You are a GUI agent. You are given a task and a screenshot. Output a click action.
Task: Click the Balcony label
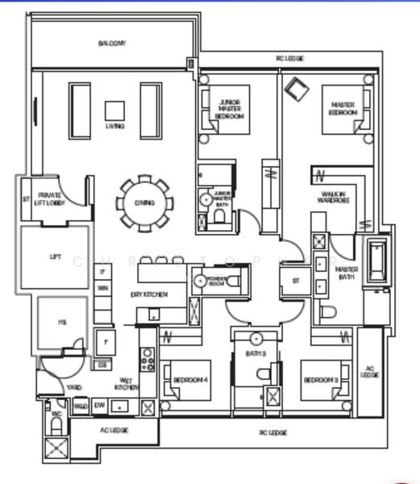pos(112,43)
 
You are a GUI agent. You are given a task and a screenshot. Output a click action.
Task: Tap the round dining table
pos(144,202)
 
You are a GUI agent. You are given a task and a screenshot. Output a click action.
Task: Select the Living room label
pos(114,127)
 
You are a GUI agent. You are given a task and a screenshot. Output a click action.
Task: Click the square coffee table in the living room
pos(114,111)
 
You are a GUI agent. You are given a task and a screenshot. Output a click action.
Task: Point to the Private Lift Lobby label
pos(50,198)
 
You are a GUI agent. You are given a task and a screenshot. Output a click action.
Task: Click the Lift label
pos(55,257)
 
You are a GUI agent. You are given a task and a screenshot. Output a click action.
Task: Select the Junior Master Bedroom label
pos(229,109)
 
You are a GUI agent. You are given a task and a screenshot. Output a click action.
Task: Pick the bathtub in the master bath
pos(376,261)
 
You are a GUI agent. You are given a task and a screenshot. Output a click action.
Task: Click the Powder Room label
pos(216,282)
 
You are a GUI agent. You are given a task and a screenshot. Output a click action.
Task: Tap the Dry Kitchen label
pos(149,295)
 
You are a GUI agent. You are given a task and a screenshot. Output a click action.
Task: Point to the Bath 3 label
pos(257,354)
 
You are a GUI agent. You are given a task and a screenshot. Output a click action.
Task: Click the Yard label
pos(74,387)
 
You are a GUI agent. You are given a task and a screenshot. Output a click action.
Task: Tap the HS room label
pos(60,322)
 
